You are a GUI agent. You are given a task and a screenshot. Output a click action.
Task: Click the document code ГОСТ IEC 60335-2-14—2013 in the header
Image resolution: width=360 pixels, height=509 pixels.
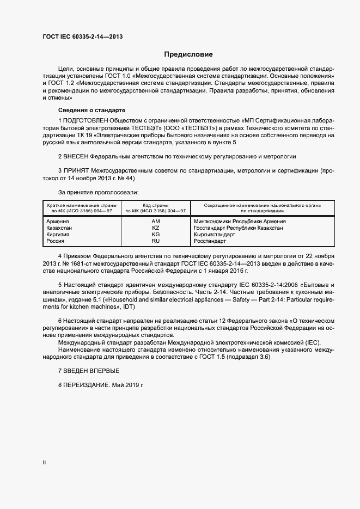(x=82, y=36)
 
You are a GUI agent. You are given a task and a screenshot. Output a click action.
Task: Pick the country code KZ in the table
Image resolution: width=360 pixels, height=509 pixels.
(x=155, y=228)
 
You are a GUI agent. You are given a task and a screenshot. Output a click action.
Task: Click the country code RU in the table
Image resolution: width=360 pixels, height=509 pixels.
(x=155, y=241)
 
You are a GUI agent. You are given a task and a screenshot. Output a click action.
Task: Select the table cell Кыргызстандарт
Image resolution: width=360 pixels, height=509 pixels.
(x=214, y=235)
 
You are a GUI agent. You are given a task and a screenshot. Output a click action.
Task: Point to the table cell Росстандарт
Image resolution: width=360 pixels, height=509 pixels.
(x=210, y=241)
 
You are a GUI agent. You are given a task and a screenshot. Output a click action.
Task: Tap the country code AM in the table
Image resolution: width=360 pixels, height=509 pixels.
(x=155, y=222)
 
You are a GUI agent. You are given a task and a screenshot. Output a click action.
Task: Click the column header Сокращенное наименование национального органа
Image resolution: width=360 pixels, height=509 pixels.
(x=262, y=205)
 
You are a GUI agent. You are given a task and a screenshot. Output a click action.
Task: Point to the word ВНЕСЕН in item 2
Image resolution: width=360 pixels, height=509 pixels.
(x=77, y=156)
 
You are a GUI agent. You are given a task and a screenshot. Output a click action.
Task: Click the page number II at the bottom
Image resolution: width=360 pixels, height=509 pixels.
(x=44, y=462)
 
